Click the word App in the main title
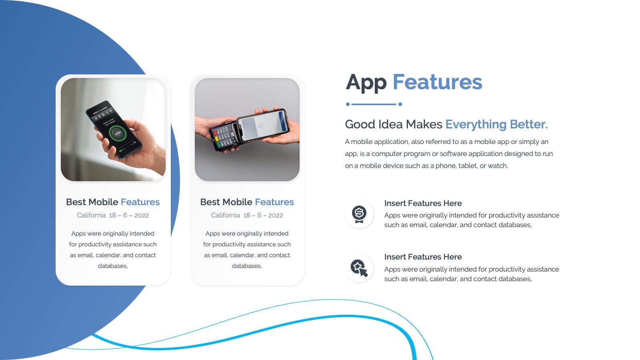[x=366, y=82]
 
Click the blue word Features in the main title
[x=438, y=82]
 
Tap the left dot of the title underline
[x=348, y=104]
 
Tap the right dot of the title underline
[x=400, y=104]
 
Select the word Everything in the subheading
[x=476, y=124]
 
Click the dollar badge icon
[x=359, y=214]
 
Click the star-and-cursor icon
[x=359, y=268]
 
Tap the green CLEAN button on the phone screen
[x=118, y=133]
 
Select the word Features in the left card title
[x=140, y=202]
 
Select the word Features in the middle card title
[x=274, y=202]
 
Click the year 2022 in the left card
[x=142, y=216]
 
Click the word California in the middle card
[x=226, y=216]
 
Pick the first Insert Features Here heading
[x=423, y=204]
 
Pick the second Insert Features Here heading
[x=423, y=257]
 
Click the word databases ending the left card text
[x=112, y=266]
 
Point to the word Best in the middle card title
[x=210, y=202]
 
